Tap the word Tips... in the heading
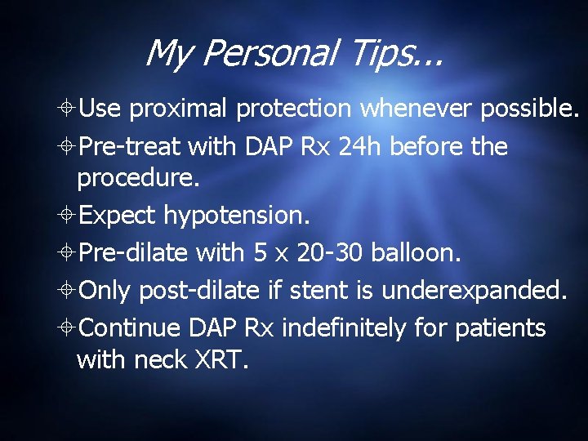(387, 55)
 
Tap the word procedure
(137, 178)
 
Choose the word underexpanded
(496, 290)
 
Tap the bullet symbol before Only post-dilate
(68, 291)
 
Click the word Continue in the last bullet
(131, 327)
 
